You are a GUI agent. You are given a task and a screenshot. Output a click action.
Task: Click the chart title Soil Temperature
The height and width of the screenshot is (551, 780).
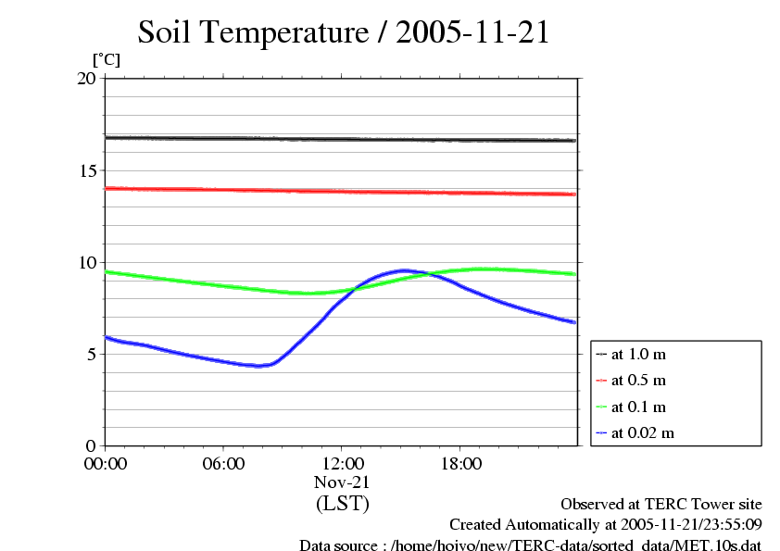coord(344,32)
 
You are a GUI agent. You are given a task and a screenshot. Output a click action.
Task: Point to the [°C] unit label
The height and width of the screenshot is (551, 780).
coord(106,59)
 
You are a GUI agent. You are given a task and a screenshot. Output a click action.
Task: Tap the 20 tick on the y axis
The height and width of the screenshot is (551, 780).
coord(86,79)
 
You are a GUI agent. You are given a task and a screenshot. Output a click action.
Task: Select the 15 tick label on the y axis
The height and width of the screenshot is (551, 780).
coord(86,170)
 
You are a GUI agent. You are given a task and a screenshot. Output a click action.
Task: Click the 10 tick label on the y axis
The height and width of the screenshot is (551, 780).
coord(86,262)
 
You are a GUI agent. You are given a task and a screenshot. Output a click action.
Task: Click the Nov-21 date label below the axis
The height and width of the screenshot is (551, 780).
coord(342,482)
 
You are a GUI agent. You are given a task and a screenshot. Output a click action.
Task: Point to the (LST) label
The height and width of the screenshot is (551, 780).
coord(342,504)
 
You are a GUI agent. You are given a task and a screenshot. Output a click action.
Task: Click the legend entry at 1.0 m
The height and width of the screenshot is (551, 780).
coord(638,355)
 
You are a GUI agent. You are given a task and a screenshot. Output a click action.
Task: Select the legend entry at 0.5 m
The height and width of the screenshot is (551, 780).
coord(638,381)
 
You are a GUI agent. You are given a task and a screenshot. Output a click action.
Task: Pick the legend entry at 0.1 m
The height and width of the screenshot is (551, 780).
coord(638,407)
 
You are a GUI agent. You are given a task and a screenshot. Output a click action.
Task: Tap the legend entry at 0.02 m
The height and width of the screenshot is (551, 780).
coord(642,432)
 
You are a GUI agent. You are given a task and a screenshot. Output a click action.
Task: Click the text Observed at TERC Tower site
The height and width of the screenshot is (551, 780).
coord(660,505)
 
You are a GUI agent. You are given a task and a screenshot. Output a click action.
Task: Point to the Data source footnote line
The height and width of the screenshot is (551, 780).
coord(530,545)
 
